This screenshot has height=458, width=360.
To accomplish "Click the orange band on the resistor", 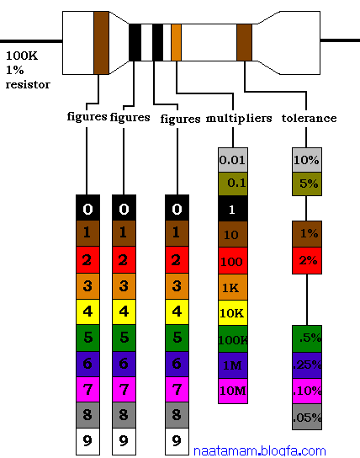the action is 176,43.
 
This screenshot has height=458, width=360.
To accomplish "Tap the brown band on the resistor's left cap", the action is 101,43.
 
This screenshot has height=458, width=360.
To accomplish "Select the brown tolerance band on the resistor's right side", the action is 244,43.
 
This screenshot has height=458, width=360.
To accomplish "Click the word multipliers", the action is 239,119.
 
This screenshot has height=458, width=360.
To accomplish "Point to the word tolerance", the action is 309,118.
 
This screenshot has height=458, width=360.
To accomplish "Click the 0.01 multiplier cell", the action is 233,160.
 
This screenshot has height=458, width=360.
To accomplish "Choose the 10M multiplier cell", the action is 233,391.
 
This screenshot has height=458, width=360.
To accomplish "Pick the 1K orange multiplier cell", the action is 233,287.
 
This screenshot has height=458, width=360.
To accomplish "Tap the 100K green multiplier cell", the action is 233,339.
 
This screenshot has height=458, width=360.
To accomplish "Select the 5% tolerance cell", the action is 307,184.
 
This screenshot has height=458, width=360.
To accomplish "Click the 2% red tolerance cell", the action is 307,260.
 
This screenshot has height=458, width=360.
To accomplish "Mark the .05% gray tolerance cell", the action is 307,417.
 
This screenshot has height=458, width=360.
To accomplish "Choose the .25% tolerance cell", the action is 307,365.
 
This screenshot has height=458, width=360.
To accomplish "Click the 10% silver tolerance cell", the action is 307,160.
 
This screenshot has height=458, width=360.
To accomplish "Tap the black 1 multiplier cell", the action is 233,209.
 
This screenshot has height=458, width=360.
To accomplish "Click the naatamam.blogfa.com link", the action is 260,451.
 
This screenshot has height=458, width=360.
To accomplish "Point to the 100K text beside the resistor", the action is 22,56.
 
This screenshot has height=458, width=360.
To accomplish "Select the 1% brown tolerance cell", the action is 307,234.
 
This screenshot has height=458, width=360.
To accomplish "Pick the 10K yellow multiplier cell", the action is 233,313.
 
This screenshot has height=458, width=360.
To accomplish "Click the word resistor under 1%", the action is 28,85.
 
